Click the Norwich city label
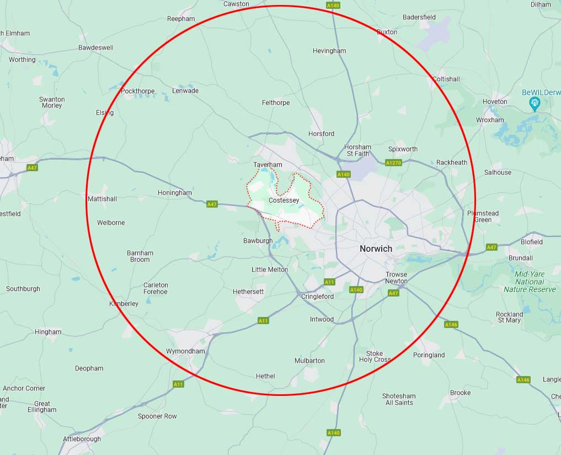pyautogui.click(x=376, y=248)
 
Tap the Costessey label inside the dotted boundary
pyautogui.click(x=284, y=200)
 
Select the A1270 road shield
pyautogui.click(x=393, y=163)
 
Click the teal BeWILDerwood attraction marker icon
pyautogui.click(x=534, y=103)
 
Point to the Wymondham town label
pyautogui.click(x=185, y=351)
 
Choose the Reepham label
pyautogui.click(x=181, y=19)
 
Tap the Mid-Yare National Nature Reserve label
pyautogui.click(x=530, y=282)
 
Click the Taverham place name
pyautogui.click(x=268, y=165)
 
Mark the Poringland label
pyautogui.click(x=429, y=355)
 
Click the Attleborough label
pyautogui.click(x=82, y=439)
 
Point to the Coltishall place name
pyautogui.click(x=446, y=79)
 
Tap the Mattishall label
pyautogui.click(x=103, y=198)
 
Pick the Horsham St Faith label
pyautogui.click(x=357, y=150)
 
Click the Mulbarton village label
pyautogui.click(x=309, y=361)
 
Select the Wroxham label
pyautogui.click(x=490, y=120)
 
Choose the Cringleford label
pyautogui.click(x=317, y=297)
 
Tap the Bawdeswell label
pyautogui.click(x=95, y=47)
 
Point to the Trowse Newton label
pyautogui.click(x=396, y=278)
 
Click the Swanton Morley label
pyautogui.click(x=52, y=102)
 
